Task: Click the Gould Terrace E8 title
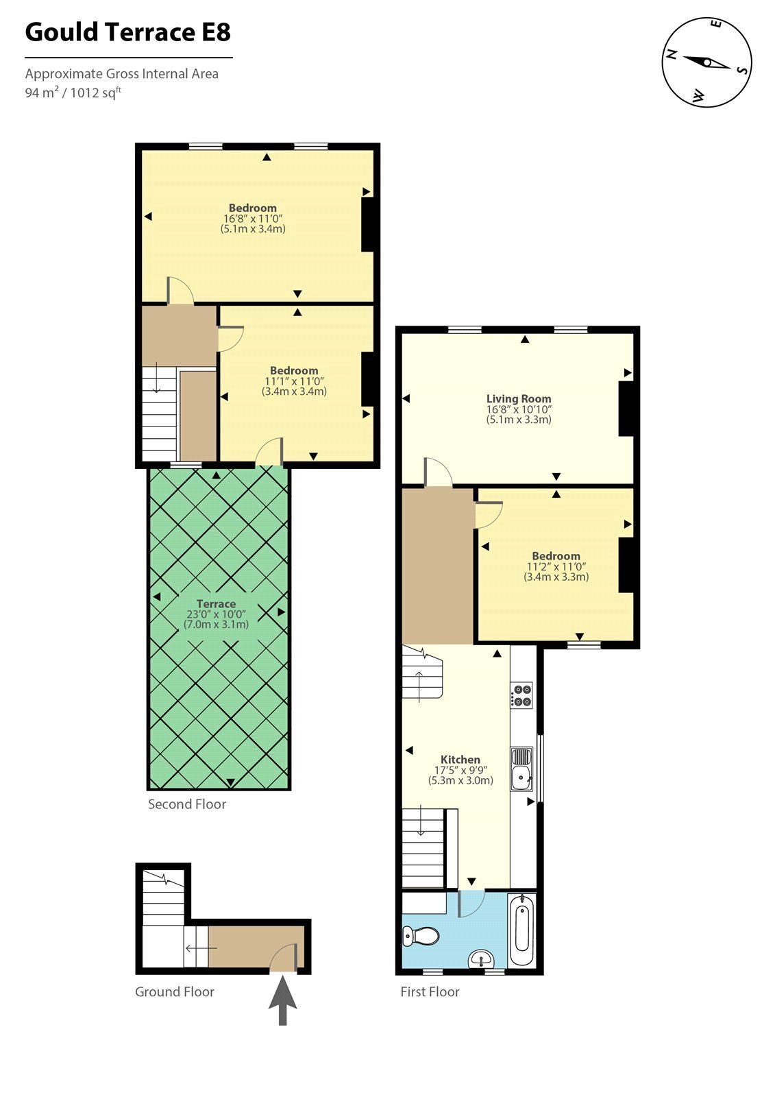127,32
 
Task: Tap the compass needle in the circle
706,62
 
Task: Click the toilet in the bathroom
421,936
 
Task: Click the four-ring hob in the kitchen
521,695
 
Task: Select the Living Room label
519,398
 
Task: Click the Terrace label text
216,604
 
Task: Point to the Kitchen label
460,760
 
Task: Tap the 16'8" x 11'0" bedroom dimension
253,219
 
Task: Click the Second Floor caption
187,804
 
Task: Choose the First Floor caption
430,991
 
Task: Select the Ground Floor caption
175,991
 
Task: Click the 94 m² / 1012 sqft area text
73,92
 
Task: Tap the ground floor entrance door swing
284,956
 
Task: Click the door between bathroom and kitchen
471,904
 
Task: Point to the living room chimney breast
626,409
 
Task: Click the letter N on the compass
672,54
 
